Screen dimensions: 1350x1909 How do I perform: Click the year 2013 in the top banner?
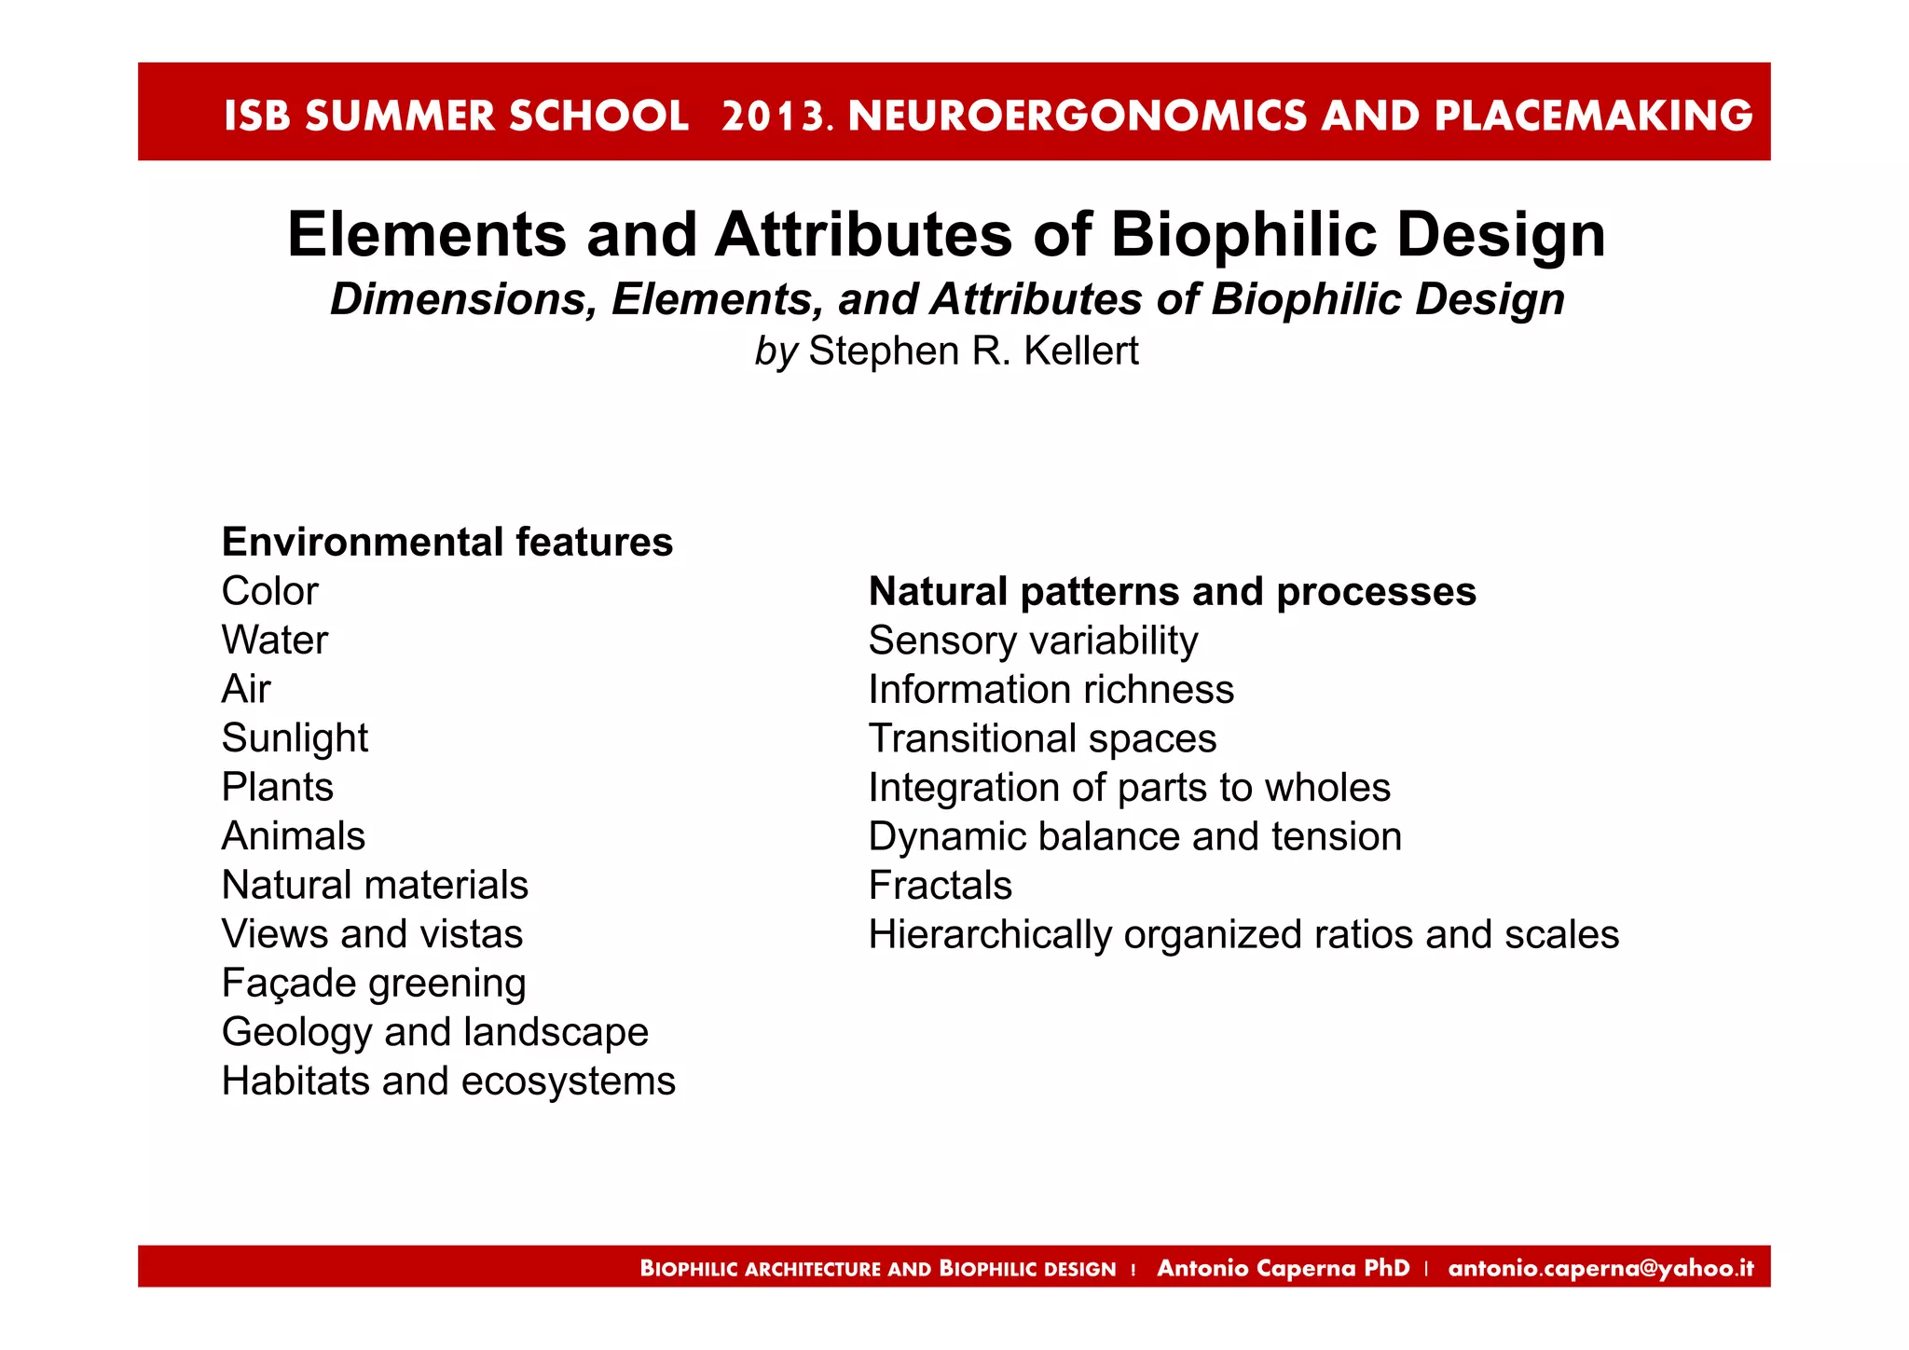(x=774, y=117)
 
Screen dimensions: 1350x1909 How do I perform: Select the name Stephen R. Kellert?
(x=973, y=351)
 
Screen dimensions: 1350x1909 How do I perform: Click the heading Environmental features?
(x=447, y=543)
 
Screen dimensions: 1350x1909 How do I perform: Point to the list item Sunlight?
(x=295, y=738)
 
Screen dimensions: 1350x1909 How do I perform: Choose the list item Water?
(x=275, y=641)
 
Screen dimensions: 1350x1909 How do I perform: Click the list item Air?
(x=246, y=690)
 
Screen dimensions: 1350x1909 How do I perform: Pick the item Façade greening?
(x=374, y=984)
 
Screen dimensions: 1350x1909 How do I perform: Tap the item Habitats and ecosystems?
(x=448, y=1081)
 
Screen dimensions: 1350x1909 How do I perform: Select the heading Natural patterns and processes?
(x=1172, y=592)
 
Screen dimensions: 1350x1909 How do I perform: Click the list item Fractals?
(x=940, y=886)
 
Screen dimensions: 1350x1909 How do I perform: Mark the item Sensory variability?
(x=1033, y=641)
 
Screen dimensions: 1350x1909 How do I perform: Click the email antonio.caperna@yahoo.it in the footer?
(x=1600, y=1268)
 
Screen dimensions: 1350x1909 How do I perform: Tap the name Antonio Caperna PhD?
(x=1283, y=1268)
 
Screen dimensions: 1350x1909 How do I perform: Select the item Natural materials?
(x=375, y=886)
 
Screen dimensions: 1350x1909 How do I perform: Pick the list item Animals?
(x=294, y=836)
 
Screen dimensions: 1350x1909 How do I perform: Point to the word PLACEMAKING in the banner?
(x=1593, y=117)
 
